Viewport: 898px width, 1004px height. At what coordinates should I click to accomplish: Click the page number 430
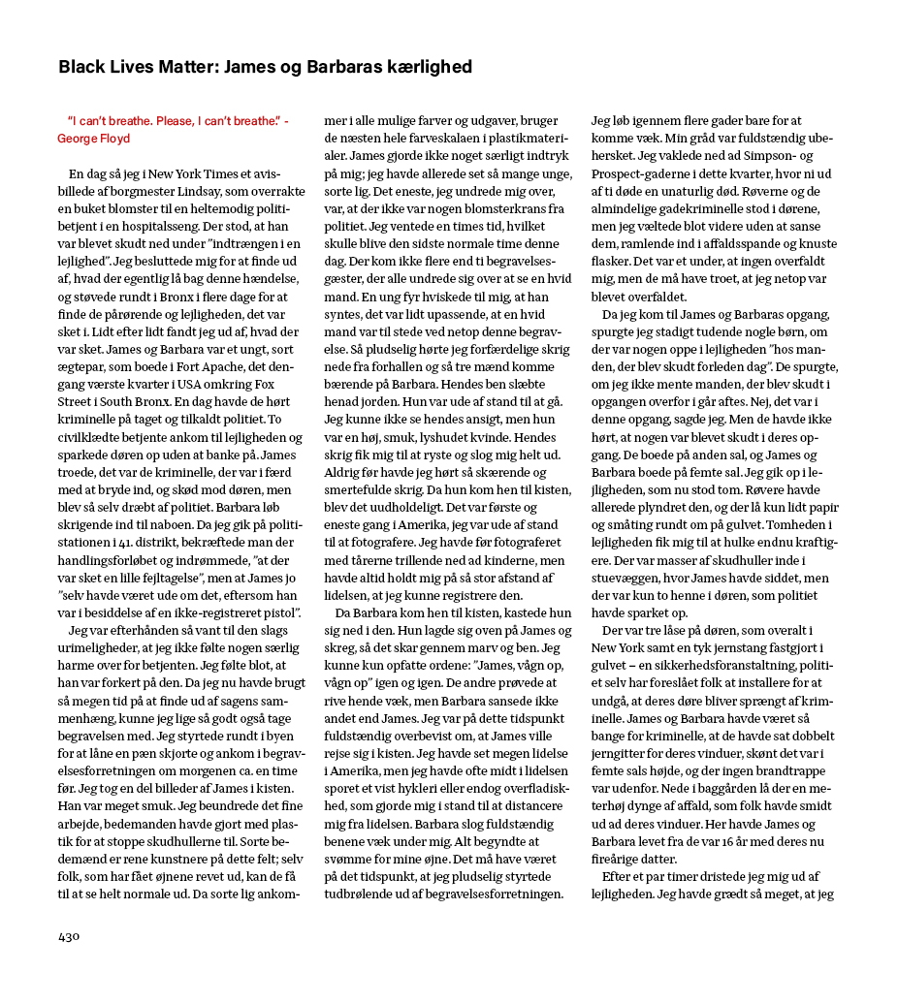(69, 936)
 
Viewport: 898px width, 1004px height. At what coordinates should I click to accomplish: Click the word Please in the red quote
(172, 120)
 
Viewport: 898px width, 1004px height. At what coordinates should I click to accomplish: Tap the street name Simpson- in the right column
(770, 156)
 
